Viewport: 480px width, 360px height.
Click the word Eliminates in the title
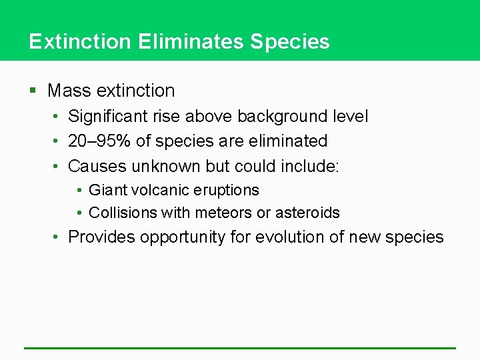click(191, 42)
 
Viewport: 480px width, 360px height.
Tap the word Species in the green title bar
click(290, 42)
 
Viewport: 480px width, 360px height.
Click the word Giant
click(106, 191)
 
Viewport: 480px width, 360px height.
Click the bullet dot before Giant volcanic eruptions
click(79, 191)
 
